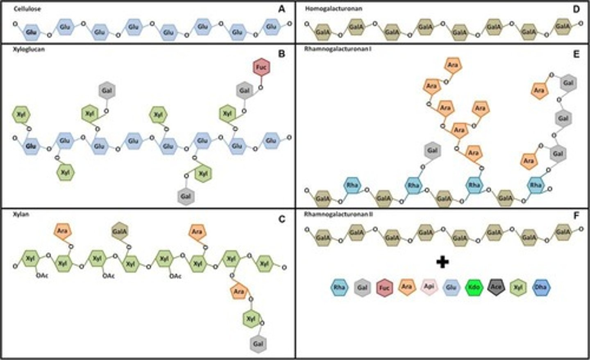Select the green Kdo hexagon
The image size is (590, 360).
click(x=474, y=287)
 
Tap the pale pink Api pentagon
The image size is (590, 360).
click(x=429, y=287)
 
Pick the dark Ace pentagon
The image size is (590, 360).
click(x=496, y=287)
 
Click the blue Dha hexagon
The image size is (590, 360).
click(x=540, y=287)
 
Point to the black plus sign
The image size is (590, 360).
click(x=442, y=262)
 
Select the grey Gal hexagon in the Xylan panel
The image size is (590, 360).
click(x=258, y=344)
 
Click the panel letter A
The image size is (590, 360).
click(x=281, y=9)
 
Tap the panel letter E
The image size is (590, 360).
click(x=576, y=54)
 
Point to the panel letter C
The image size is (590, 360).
click(x=281, y=219)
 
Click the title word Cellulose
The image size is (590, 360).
click(x=27, y=9)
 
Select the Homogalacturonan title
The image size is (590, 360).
click(x=333, y=9)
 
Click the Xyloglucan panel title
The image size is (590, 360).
click(x=29, y=49)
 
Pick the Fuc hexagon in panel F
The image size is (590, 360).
click(x=384, y=287)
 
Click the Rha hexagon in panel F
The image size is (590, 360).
click(x=339, y=287)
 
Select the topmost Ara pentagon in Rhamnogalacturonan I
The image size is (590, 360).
click(x=452, y=65)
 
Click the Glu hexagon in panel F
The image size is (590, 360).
click(x=451, y=287)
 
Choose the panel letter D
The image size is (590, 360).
click(x=576, y=9)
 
